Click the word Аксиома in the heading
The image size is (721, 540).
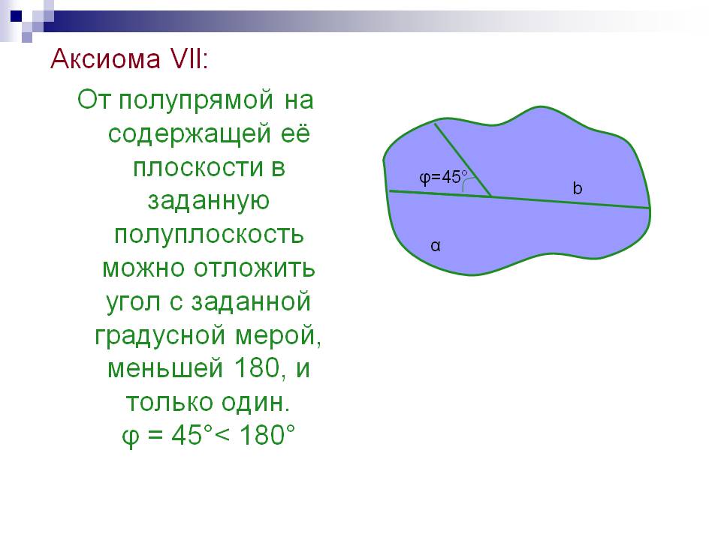pyautogui.click(x=106, y=59)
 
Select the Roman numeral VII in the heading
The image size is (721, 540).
pyautogui.click(x=187, y=59)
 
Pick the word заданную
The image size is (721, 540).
pyautogui.click(x=209, y=202)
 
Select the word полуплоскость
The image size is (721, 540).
pyautogui.click(x=210, y=235)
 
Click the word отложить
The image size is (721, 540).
pyautogui.click(x=254, y=268)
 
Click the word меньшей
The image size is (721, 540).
pyautogui.click(x=165, y=369)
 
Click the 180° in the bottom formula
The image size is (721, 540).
pyautogui.click(x=267, y=434)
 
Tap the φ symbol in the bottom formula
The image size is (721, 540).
pyautogui.click(x=130, y=436)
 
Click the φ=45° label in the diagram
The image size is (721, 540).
pyautogui.click(x=443, y=177)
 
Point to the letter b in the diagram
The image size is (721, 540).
pyautogui.click(x=577, y=187)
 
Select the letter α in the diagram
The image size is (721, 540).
pyautogui.click(x=435, y=246)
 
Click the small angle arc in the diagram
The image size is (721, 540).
pyautogui.click(x=466, y=183)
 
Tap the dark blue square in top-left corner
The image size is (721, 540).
pyautogui.click(x=16, y=16)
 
